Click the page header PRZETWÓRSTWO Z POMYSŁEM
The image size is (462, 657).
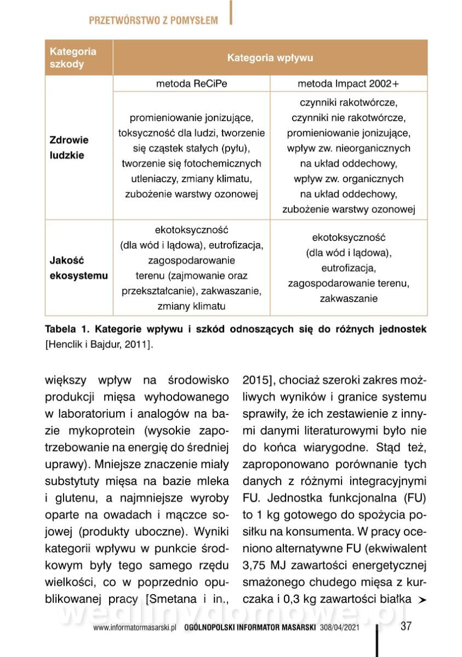[x=153, y=21]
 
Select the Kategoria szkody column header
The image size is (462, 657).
[x=73, y=57]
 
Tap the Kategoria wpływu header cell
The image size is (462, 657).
[x=270, y=57]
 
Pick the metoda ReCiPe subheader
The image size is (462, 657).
[x=191, y=84]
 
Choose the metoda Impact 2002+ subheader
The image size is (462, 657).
[x=348, y=84]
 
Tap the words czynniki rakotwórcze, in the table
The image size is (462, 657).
[x=349, y=102]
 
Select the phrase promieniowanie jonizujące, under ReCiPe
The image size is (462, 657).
[x=191, y=117]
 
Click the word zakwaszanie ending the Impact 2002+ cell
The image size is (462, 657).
[x=349, y=299]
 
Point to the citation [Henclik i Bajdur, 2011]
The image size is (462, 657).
[x=99, y=345]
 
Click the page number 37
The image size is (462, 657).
[x=406, y=626]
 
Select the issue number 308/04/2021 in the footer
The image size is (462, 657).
[x=339, y=628]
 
